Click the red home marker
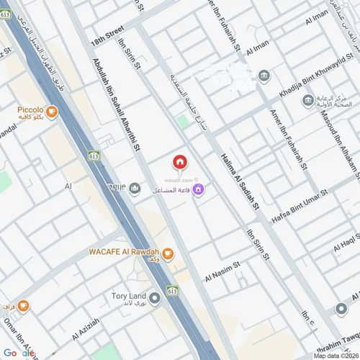click(179, 163)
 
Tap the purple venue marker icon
click(198, 190)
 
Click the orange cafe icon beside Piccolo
click(51, 112)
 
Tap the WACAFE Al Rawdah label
click(123, 252)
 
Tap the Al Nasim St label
click(225, 276)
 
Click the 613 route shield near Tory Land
click(172, 290)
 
